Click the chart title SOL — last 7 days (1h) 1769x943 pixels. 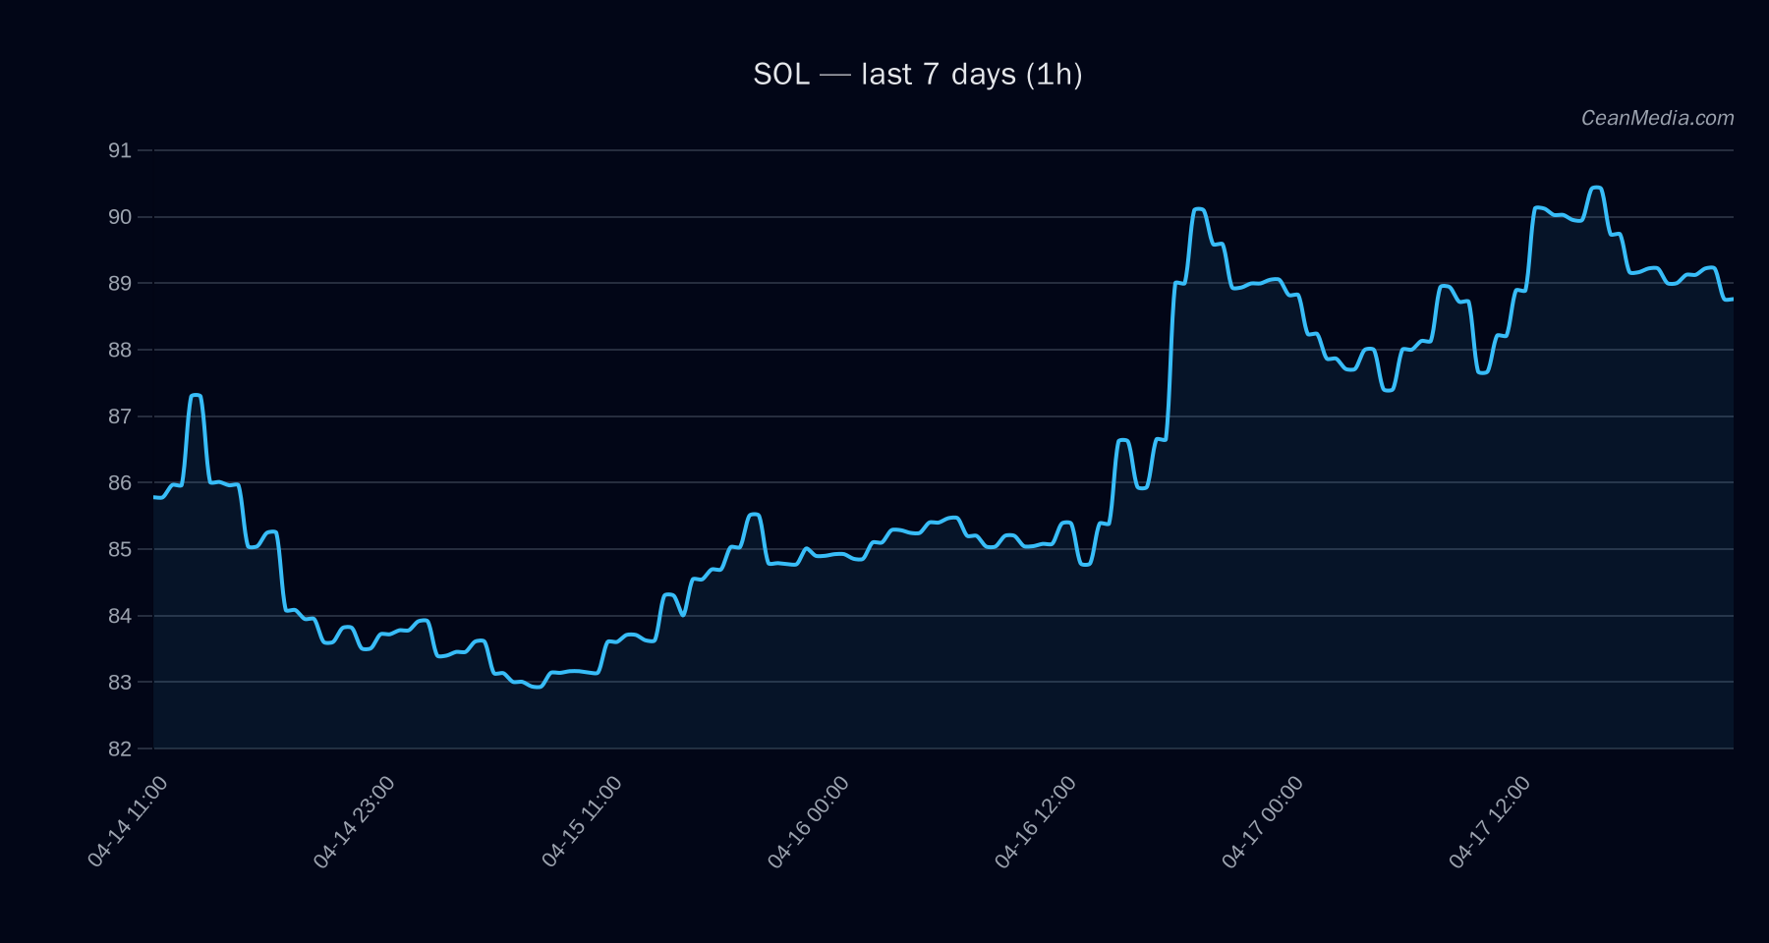click(917, 75)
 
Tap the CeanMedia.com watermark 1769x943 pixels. click(1657, 118)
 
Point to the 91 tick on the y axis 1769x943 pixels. click(120, 150)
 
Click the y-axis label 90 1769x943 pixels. click(120, 217)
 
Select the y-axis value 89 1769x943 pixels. click(120, 284)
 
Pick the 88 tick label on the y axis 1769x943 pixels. click(120, 350)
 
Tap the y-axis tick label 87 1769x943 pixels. click(120, 416)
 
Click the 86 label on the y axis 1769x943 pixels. click(120, 483)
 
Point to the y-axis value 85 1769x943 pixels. click(120, 549)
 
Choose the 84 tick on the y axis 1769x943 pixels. click(120, 616)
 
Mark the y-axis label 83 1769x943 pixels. click(120, 683)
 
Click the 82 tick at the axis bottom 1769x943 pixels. click(120, 749)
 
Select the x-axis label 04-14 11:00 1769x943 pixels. click(128, 821)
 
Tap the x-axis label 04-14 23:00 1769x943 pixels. click(355, 821)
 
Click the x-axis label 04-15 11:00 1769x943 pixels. click(582, 821)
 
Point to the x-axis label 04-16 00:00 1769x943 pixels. click(809, 821)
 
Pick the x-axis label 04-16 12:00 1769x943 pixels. click(1036, 821)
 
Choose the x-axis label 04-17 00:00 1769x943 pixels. click(1263, 821)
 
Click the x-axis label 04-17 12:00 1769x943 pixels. click(1490, 821)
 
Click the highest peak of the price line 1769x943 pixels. click(1596, 188)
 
